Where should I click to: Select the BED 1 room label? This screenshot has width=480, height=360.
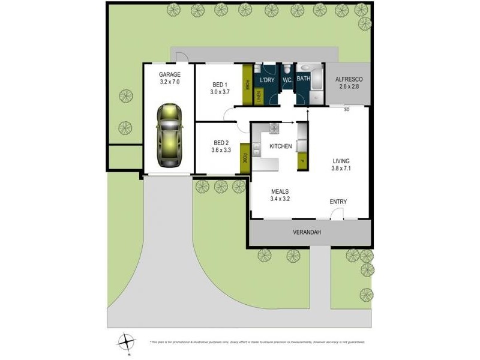(220, 85)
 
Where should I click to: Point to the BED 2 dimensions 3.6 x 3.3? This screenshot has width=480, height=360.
(221, 151)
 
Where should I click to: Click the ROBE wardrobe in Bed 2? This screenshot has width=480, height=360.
(244, 158)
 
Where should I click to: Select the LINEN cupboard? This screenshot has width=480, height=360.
(259, 95)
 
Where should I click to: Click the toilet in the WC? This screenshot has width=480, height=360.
(287, 70)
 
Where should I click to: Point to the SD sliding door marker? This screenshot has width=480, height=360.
(347, 110)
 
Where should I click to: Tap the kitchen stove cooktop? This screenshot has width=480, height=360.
(274, 127)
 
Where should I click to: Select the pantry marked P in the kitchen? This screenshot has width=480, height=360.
(302, 160)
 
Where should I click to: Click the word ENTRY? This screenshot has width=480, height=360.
(338, 202)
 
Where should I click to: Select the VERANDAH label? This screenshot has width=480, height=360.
(309, 233)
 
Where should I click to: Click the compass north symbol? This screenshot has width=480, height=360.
(127, 341)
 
